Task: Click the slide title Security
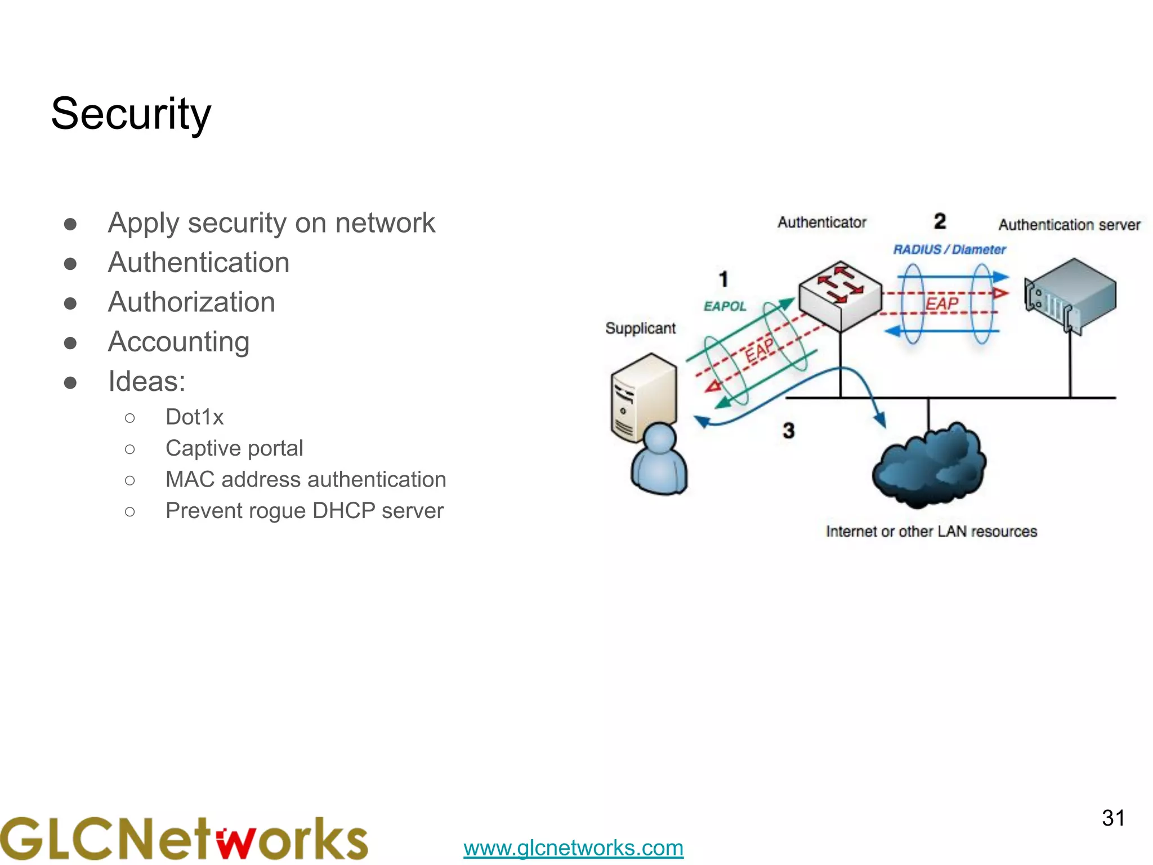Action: click(131, 114)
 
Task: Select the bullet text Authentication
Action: click(199, 262)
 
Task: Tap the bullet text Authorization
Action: click(191, 302)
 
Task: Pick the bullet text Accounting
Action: click(178, 342)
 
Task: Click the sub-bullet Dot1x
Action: click(194, 417)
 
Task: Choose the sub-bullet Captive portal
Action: click(234, 448)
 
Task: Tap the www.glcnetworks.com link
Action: click(573, 848)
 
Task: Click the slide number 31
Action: click(1113, 818)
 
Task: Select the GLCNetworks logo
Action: click(184, 839)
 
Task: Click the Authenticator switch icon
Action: click(840, 295)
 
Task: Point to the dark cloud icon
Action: click(929, 465)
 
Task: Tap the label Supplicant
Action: click(640, 328)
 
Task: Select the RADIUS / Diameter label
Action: click(949, 249)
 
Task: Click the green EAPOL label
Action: click(725, 306)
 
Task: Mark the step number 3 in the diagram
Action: click(788, 431)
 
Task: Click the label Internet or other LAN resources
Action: click(931, 532)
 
